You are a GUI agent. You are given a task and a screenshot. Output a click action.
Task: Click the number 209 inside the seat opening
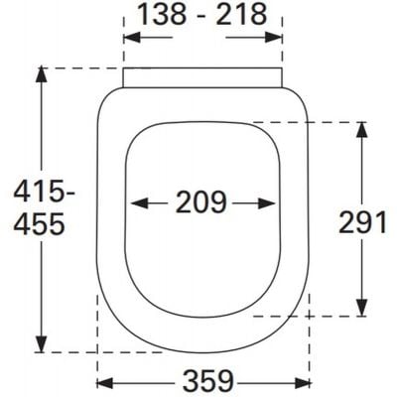tap(202, 202)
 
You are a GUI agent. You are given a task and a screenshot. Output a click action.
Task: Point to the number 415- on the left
tap(37, 189)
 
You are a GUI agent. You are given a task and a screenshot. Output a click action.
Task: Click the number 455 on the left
tap(37, 226)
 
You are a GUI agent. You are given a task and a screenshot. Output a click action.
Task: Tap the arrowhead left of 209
tap(138, 202)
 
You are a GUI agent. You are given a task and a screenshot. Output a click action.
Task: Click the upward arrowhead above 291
tap(365, 129)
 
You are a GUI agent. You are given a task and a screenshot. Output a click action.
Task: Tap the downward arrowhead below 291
tap(365, 310)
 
